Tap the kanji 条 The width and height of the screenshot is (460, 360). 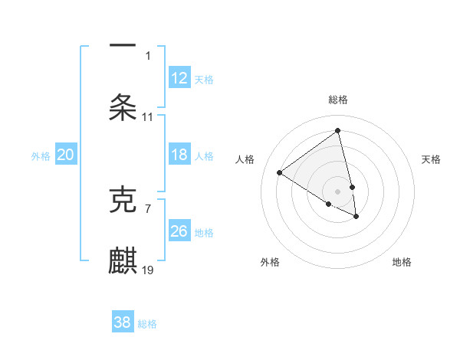(123, 106)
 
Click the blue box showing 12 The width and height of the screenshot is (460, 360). (179, 78)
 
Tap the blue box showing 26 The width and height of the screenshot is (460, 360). (179, 231)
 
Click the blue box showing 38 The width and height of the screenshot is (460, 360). (123, 322)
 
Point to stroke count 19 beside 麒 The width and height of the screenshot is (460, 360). (148, 270)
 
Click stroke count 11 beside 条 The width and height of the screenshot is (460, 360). (148, 116)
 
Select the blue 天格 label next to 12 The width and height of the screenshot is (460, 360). (204, 79)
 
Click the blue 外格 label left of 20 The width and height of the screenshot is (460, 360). (41, 156)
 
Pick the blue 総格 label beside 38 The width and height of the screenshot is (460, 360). (147, 323)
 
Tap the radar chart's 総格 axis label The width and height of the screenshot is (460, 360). (338, 100)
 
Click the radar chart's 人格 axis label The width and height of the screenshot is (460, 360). (245, 159)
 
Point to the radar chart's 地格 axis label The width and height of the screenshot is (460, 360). (402, 262)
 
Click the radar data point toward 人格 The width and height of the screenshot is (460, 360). (280, 172)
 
